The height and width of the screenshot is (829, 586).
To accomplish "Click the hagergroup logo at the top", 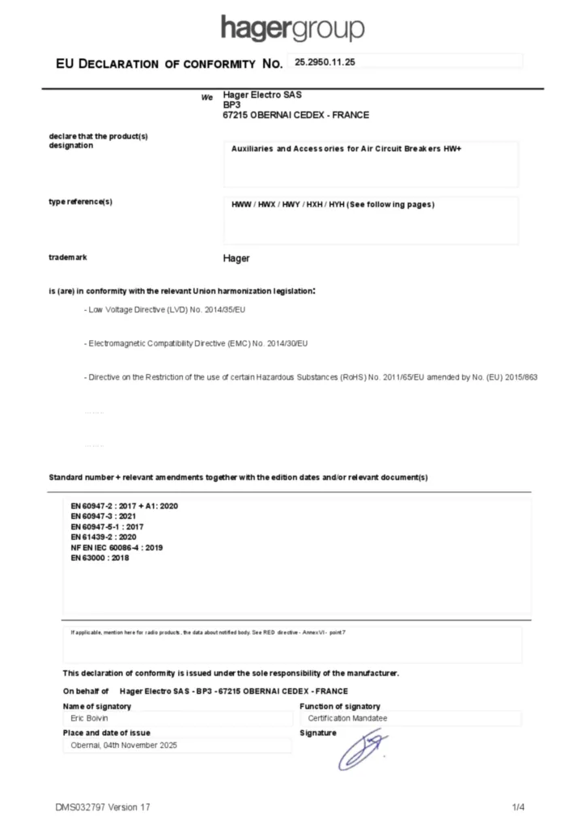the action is pos(292,28).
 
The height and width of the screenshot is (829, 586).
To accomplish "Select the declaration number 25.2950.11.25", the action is pos(325,62).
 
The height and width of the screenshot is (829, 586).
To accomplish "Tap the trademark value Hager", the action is pos(236,258).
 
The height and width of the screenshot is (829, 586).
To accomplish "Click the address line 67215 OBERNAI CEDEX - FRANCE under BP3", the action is pos(295,115).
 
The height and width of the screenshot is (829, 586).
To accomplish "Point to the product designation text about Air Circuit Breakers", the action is pos(346,150).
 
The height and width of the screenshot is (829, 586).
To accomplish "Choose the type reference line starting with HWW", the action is pos(333,204).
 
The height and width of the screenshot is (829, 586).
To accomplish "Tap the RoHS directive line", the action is pos(311,378).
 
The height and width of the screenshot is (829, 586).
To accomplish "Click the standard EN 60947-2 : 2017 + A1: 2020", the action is pos(124,506).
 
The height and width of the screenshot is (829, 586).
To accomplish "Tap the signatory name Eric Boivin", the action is pos(89,718).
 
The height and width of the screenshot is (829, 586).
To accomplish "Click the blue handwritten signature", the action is pos(363,749).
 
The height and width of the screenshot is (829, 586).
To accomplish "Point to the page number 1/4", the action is pos(519,807).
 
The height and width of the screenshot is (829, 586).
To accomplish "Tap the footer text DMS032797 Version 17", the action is pos(103,807).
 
